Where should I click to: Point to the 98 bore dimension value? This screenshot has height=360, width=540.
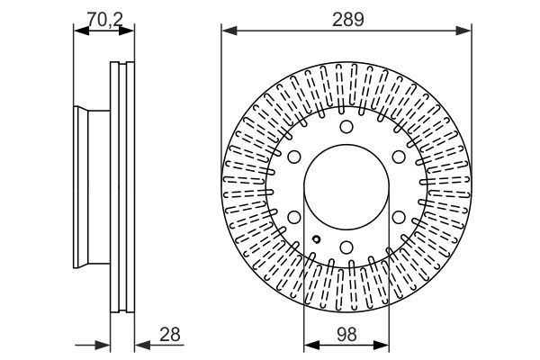347,334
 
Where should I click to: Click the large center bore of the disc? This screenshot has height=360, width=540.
347,186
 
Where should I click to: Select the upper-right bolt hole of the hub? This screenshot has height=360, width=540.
399,157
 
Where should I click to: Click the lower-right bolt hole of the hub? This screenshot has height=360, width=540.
399,216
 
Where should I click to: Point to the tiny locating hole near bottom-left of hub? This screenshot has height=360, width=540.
317,238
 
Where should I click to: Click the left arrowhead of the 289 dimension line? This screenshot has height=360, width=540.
227,31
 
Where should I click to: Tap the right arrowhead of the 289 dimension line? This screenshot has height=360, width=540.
468,31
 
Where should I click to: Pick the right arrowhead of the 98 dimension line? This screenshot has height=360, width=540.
386,344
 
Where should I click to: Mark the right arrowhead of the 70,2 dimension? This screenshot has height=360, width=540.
130,31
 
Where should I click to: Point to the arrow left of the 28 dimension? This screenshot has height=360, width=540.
103,344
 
